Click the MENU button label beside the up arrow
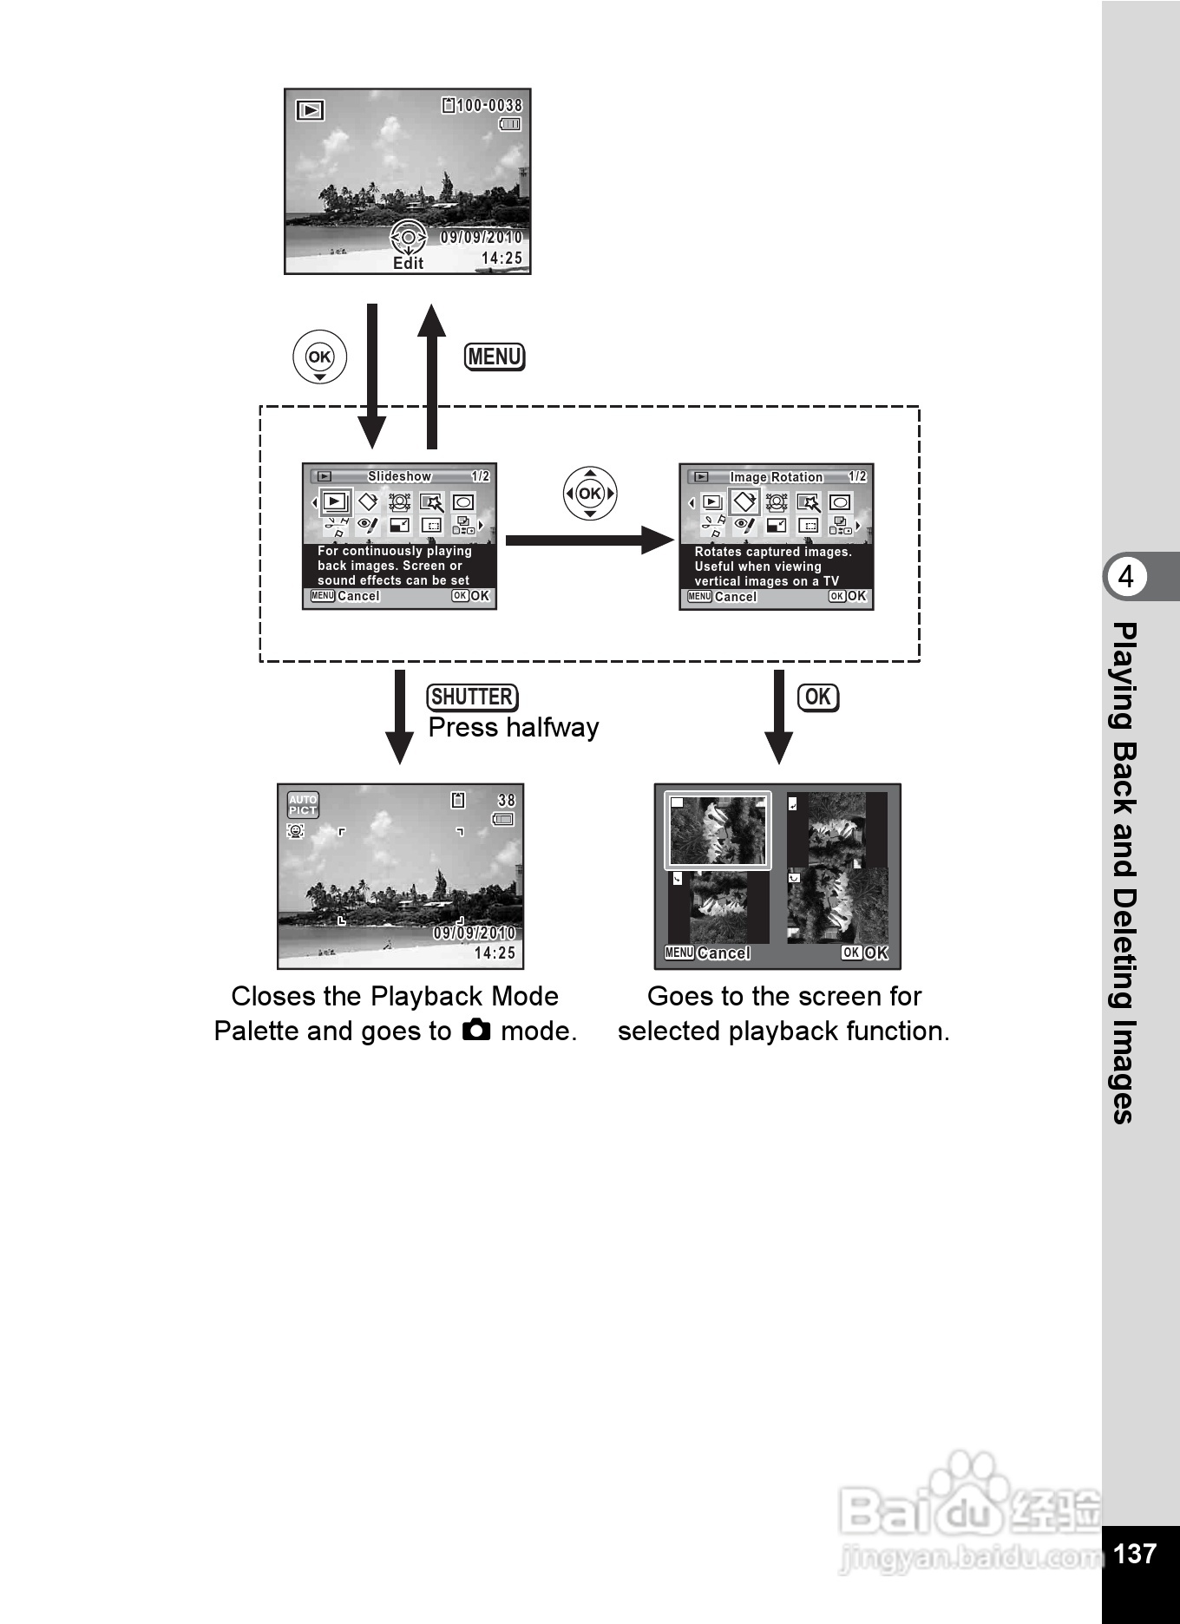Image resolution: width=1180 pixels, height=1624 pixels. (x=495, y=357)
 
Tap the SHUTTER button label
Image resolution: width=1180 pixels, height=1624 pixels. (x=472, y=697)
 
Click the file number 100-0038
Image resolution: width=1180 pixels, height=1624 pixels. (x=489, y=106)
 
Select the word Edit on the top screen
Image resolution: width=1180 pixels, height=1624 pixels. (x=408, y=264)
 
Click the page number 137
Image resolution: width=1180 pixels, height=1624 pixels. (x=1134, y=1554)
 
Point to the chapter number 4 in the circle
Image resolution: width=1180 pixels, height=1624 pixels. (x=1125, y=577)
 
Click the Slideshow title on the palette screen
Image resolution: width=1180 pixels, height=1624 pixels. (x=399, y=476)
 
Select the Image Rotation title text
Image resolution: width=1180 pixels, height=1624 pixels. (x=776, y=477)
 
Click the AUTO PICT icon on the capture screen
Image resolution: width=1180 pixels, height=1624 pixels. (x=303, y=805)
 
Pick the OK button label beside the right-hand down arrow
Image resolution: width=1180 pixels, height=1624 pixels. (x=817, y=697)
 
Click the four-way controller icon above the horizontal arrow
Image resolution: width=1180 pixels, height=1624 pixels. (x=590, y=494)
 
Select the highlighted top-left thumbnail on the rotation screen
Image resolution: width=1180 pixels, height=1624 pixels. (x=718, y=830)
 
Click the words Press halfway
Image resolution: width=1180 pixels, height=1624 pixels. (x=514, y=727)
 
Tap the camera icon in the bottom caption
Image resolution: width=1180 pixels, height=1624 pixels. (x=476, y=1030)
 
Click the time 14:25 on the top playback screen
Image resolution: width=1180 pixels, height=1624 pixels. (x=501, y=259)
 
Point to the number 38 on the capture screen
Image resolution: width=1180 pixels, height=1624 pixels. (x=506, y=800)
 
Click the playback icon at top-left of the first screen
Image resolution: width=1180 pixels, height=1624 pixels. (x=310, y=110)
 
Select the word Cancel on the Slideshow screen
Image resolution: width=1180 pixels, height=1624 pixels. (x=358, y=596)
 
